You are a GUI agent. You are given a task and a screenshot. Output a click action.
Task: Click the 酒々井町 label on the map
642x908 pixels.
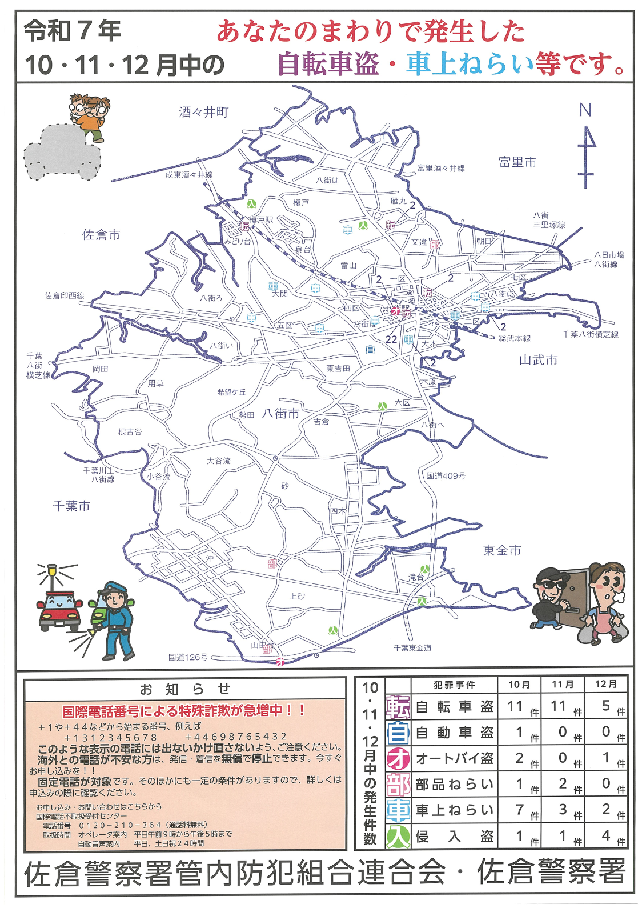(x=203, y=113)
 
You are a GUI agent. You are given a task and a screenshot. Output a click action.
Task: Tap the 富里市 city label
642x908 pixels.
(x=517, y=162)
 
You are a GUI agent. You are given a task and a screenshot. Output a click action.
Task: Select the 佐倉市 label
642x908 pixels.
(x=101, y=235)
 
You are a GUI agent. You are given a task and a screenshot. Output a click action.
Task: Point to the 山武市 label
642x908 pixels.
(x=538, y=360)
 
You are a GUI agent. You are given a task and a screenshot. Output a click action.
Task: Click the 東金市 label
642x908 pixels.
(x=502, y=550)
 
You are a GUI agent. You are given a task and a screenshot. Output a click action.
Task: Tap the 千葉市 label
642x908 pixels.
(x=71, y=506)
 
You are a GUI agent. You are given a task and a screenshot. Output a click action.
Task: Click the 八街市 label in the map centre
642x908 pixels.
(x=280, y=414)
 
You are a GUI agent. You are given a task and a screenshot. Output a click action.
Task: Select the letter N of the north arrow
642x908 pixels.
(x=585, y=110)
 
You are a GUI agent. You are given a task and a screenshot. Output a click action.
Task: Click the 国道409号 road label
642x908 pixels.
(x=446, y=475)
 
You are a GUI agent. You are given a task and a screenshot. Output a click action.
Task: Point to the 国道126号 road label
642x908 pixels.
(x=188, y=657)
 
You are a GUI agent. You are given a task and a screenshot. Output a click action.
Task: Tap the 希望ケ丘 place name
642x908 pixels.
(x=231, y=392)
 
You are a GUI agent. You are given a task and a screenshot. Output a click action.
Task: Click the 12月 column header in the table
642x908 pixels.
(x=606, y=684)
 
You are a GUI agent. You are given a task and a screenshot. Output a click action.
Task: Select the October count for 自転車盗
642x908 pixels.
(x=515, y=706)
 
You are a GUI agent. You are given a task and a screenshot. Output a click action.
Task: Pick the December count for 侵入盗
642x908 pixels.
(x=606, y=835)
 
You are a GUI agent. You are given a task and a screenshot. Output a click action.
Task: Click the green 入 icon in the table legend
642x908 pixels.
(x=398, y=837)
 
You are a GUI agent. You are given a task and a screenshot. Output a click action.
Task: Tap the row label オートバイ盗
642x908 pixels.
(x=454, y=758)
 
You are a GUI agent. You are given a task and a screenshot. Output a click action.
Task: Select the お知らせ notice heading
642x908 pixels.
(x=185, y=689)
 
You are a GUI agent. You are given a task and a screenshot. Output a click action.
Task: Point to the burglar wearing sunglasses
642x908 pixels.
(x=550, y=597)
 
